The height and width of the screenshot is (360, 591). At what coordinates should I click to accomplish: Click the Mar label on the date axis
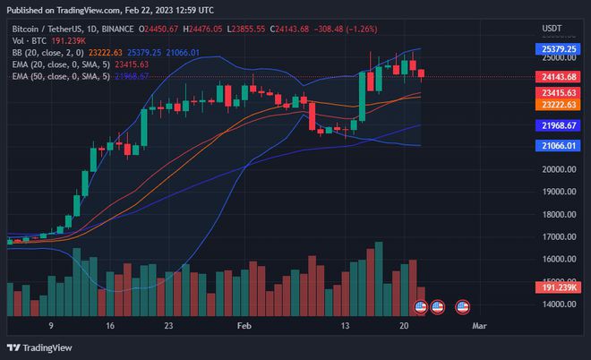point(478,328)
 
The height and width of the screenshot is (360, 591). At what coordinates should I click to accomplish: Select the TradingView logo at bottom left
point(39,347)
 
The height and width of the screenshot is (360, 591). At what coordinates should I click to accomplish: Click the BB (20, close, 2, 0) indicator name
point(41,52)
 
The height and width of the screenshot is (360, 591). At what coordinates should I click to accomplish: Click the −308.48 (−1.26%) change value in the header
point(346,28)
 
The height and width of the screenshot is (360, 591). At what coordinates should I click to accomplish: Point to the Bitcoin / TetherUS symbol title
point(45,28)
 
